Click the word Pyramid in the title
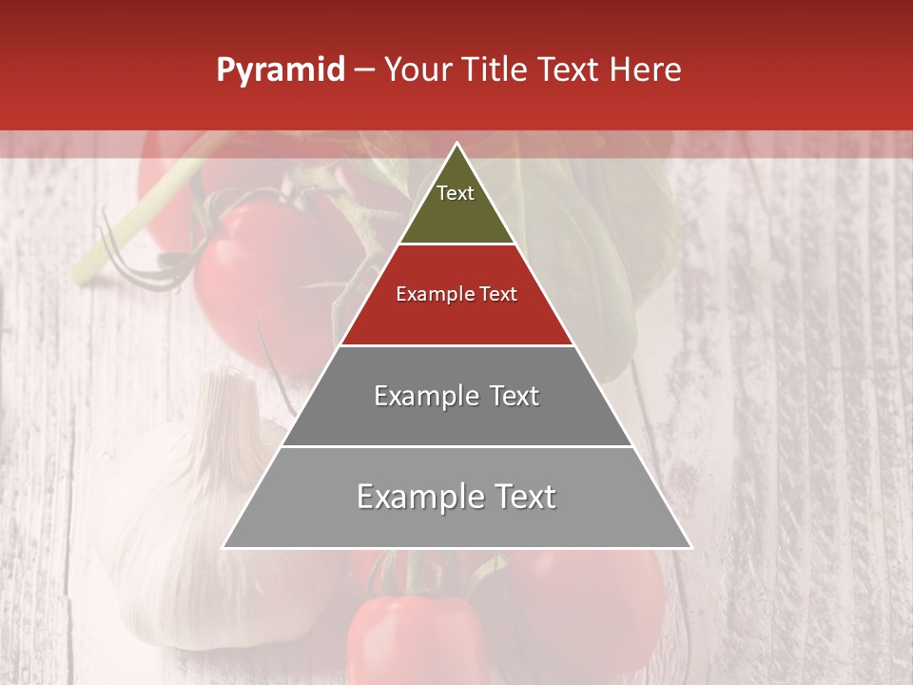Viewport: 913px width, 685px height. (x=281, y=70)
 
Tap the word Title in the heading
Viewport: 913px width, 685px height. (x=495, y=70)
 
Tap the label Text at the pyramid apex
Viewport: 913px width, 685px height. (x=456, y=193)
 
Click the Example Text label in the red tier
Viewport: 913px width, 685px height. (x=456, y=294)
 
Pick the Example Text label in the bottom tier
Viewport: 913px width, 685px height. (x=456, y=497)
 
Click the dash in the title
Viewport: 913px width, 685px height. (x=364, y=70)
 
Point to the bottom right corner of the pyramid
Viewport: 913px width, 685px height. (x=690, y=547)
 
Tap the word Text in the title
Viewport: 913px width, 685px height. (x=569, y=70)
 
